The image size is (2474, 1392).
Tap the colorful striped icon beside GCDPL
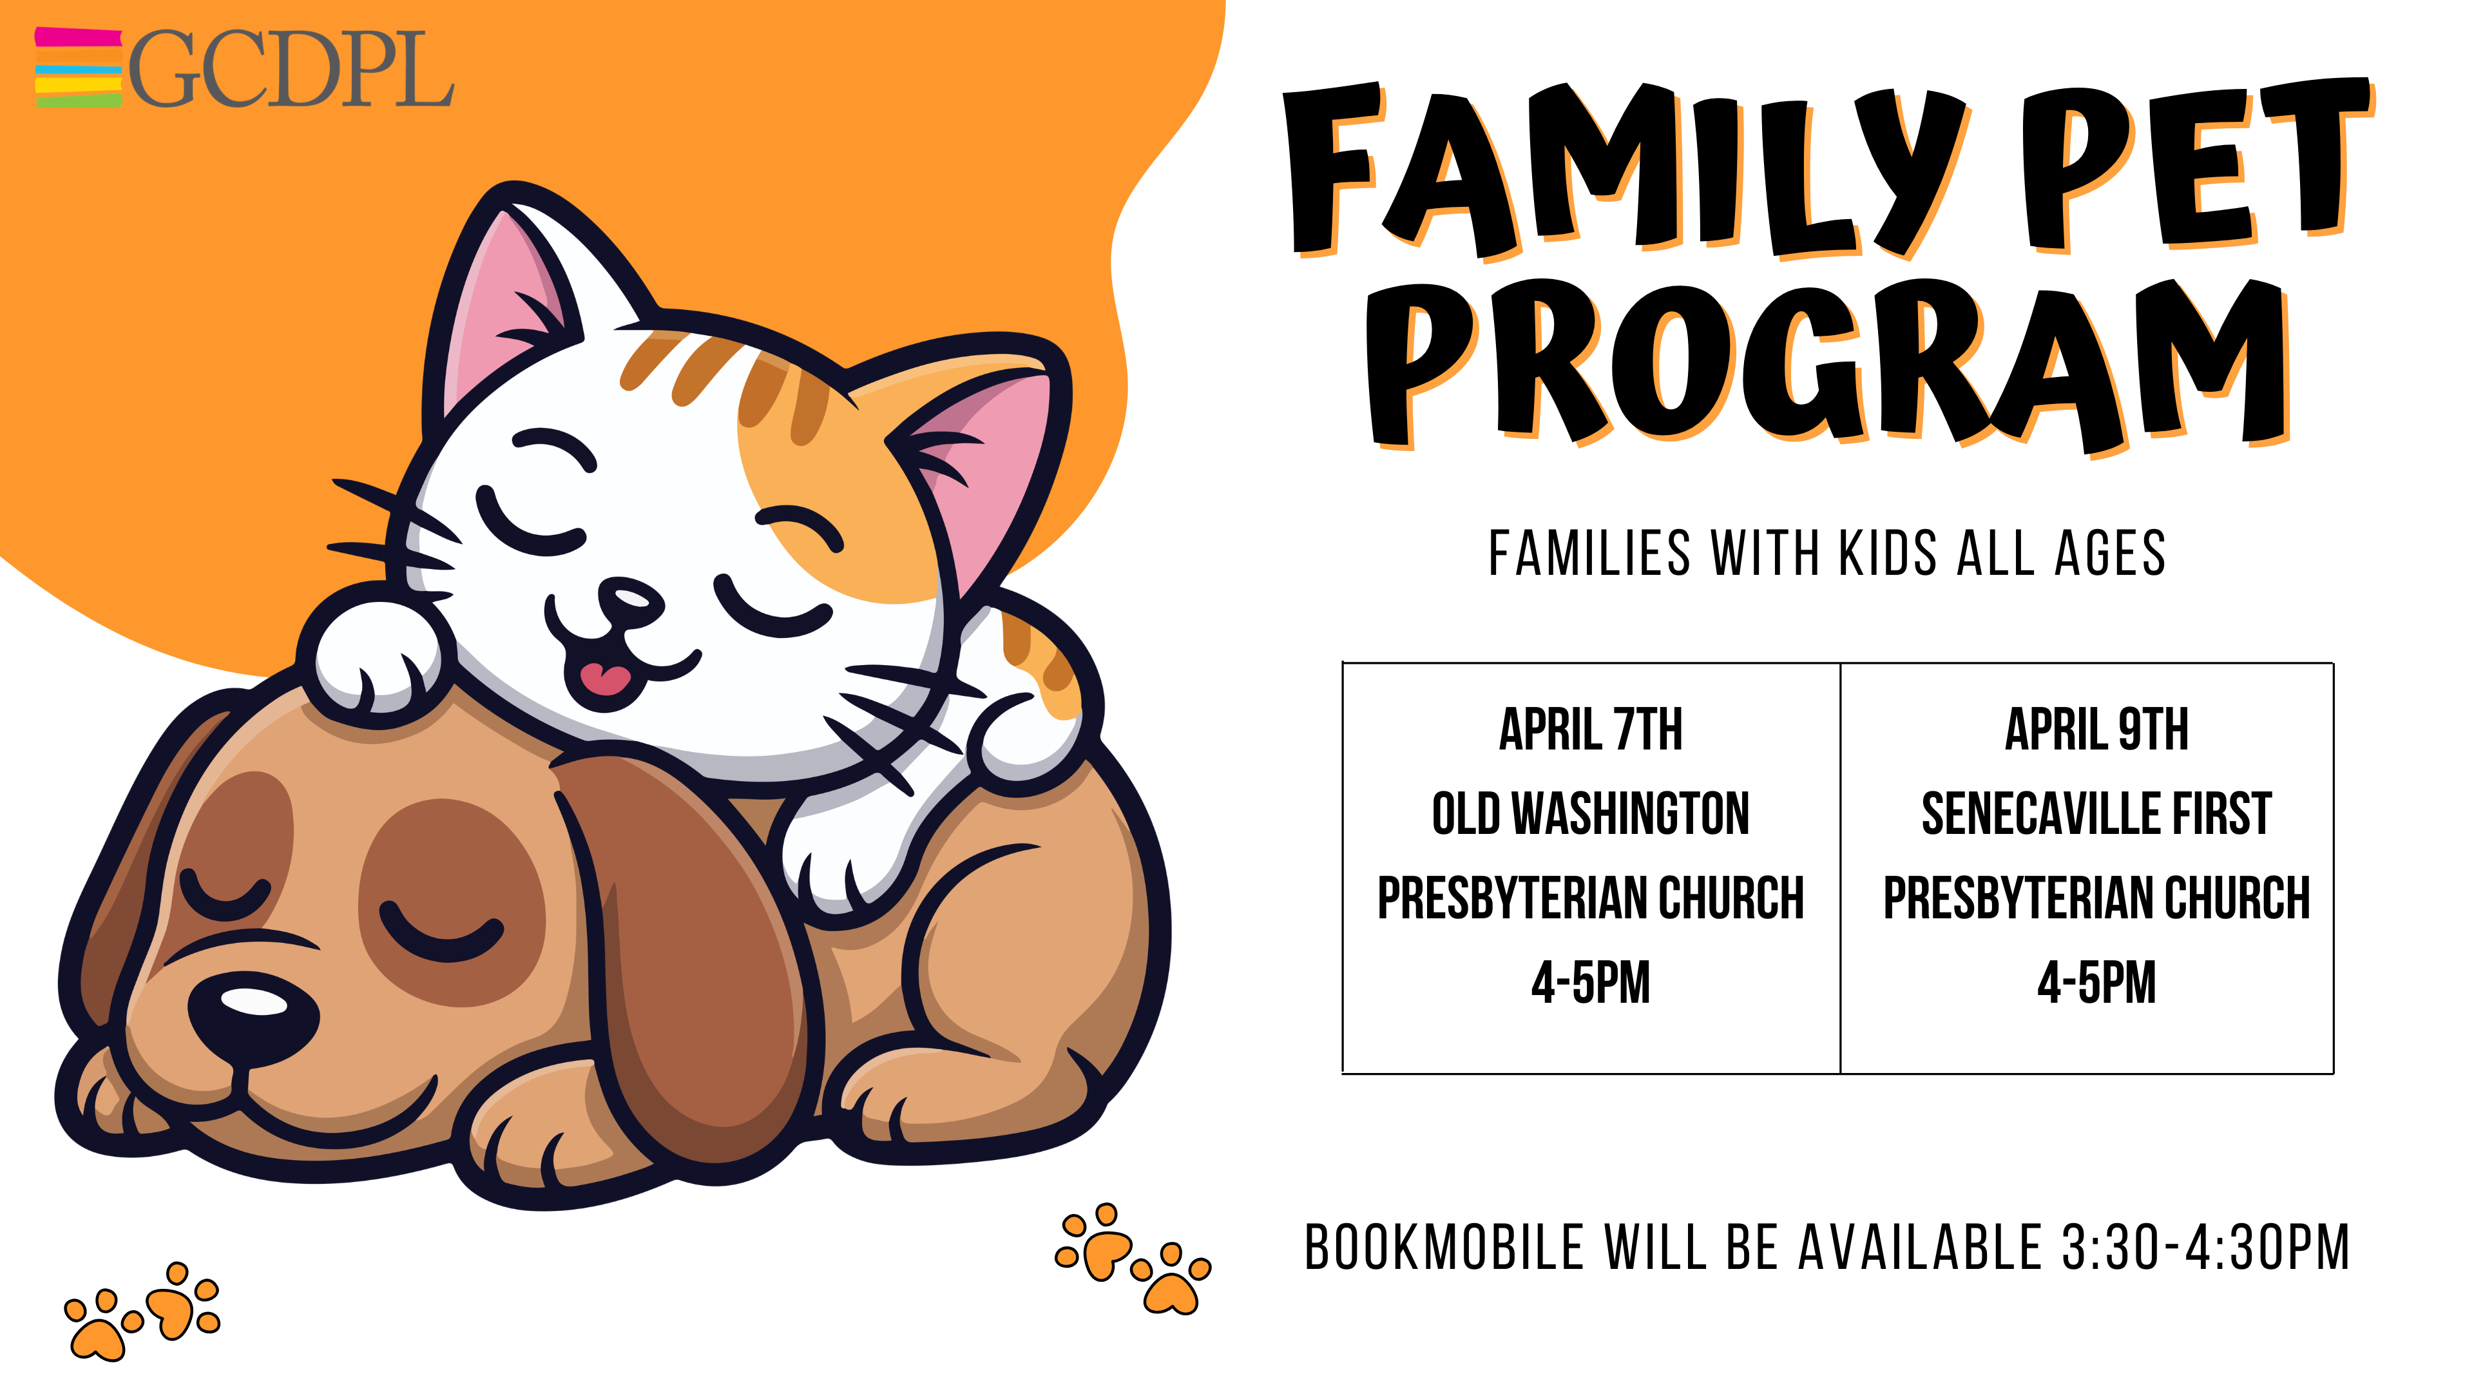79,67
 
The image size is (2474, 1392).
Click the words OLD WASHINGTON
1591,814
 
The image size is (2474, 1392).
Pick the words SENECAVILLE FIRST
2096,814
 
